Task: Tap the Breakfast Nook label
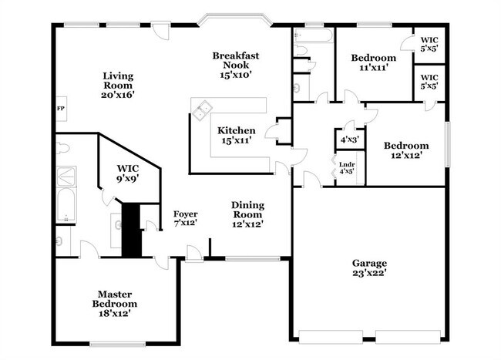click(235, 65)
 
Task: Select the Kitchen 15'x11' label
click(237, 136)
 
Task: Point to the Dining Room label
click(248, 214)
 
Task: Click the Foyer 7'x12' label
click(185, 218)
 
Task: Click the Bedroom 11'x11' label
click(373, 62)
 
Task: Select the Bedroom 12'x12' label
click(406, 150)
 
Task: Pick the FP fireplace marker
click(60, 109)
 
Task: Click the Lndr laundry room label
click(347, 167)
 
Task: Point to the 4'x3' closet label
click(349, 140)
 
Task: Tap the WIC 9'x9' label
click(128, 173)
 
